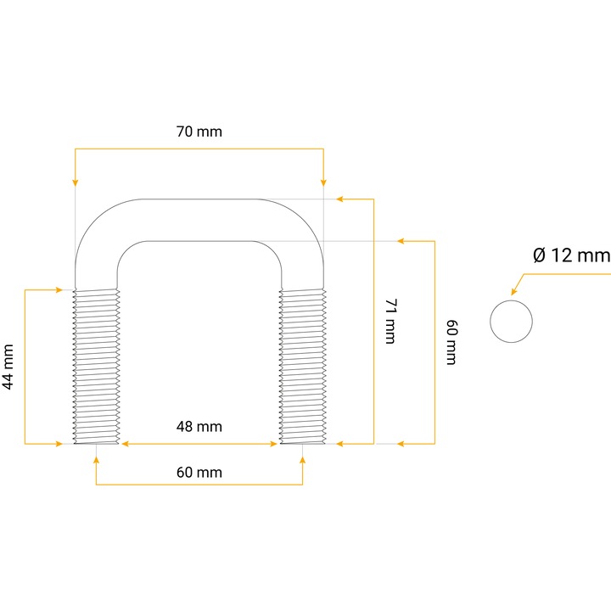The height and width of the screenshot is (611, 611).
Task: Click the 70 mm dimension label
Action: coord(199,132)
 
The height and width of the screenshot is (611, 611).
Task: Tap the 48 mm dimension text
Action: coord(199,427)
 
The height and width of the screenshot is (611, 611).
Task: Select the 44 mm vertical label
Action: coord(8,367)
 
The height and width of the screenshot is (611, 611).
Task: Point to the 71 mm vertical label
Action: coord(390,322)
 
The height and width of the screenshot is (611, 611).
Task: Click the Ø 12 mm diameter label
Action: coord(572,255)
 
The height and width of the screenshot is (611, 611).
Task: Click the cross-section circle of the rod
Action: coord(511,322)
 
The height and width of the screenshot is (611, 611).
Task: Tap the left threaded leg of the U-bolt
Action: coord(96,367)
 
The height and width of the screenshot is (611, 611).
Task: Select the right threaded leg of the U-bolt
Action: coord(303,367)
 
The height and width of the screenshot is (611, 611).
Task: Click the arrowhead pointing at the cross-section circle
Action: coord(514,291)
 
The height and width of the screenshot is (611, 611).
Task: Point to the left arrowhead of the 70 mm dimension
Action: coord(76,182)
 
